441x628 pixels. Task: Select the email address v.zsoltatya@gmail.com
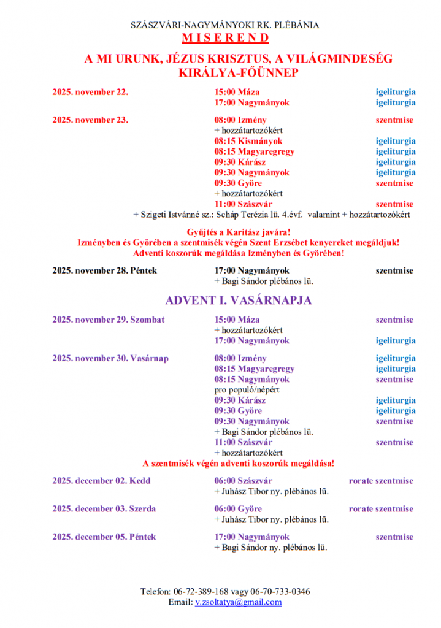238,602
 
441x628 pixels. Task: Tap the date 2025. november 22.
90,93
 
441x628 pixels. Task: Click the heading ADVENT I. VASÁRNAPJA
238,301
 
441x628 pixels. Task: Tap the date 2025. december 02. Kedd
101,481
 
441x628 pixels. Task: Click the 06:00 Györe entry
238,509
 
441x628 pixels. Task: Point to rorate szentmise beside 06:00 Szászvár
381,481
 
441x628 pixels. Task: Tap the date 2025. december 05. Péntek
104,537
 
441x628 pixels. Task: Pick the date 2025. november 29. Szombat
108,320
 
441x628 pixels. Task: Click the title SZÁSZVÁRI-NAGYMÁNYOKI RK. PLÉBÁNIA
225,25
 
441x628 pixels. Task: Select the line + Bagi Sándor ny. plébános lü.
270,548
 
